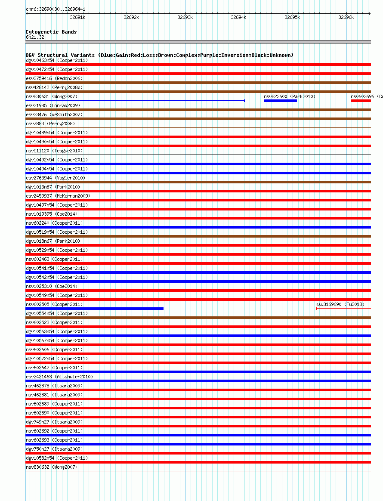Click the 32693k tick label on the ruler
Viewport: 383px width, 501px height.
(185, 17)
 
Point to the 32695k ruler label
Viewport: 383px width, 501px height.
(292, 17)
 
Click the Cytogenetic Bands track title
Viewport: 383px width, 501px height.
(51, 32)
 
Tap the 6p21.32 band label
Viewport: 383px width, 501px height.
(35, 37)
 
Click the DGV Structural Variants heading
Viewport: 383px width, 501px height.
(159, 55)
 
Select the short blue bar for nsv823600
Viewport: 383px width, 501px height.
(280, 101)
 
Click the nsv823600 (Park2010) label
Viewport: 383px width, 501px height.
(290, 96)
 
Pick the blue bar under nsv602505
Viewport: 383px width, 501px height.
(95, 309)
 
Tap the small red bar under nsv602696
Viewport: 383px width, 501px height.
(361, 101)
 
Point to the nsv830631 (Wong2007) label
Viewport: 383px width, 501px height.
(52, 96)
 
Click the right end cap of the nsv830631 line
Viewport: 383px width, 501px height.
(244, 101)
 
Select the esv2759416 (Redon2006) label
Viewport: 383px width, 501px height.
(54, 78)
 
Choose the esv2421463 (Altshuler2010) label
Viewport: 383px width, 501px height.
(59, 377)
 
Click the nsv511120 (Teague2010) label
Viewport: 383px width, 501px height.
(54, 151)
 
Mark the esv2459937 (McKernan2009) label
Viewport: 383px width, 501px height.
(58, 196)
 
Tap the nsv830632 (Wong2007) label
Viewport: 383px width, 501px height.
(52, 467)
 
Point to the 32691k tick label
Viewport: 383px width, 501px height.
(77, 17)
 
